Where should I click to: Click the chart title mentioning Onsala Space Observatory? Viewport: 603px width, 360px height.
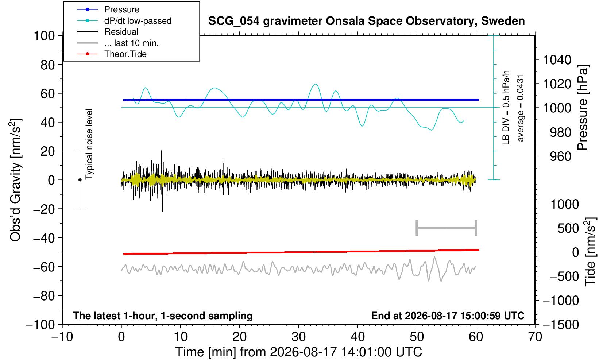point(366,21)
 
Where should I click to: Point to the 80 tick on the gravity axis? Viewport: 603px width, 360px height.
point(48,65)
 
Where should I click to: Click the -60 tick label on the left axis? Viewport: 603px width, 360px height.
point(44,267)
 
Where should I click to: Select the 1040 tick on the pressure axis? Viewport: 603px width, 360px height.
point(557,59)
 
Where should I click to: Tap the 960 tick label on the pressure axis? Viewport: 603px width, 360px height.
point(560,156)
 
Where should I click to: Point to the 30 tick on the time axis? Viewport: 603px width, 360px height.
point(298,337)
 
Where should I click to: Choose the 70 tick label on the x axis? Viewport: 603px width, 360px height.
point(535,337)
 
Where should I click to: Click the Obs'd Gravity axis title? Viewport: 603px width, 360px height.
point(16,180)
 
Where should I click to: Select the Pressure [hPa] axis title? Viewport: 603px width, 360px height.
point(583,108)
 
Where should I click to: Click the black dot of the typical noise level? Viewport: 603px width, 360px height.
point(80,180)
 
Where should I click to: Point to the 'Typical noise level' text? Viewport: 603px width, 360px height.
point(89,144)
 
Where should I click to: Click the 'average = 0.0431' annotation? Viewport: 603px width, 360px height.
point(521,108)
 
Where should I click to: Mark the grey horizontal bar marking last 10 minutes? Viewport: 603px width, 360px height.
point(447,228)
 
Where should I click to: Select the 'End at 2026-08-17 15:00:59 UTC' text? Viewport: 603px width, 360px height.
point(448,316)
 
